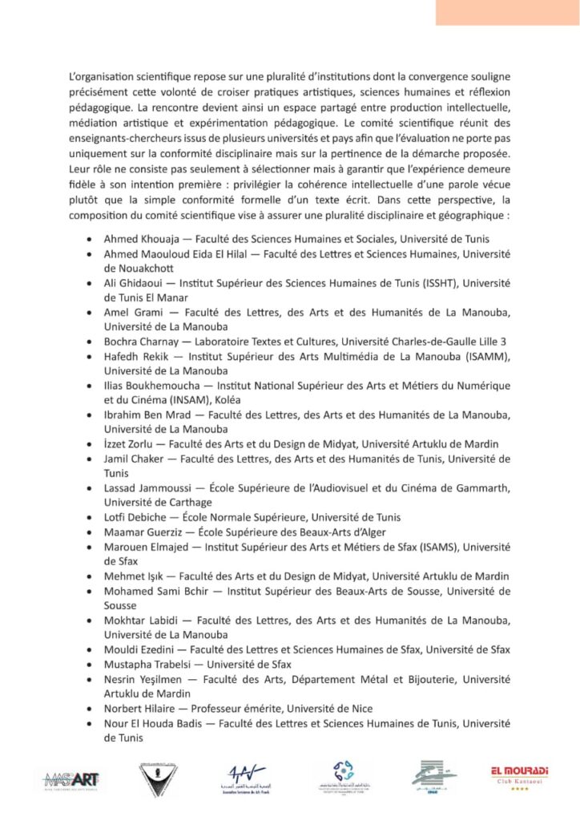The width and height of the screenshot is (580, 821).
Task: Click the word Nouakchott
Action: (x=132, y=269)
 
